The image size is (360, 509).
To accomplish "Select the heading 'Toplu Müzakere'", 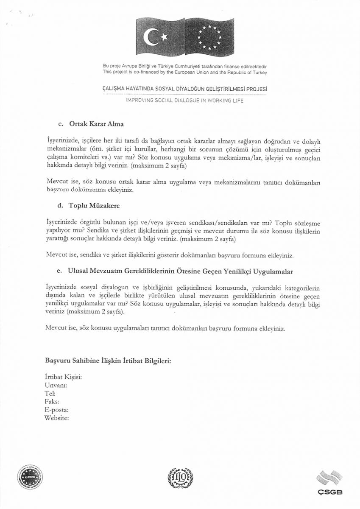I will (94, 206).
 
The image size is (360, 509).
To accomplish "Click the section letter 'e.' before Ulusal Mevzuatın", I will (60, 271).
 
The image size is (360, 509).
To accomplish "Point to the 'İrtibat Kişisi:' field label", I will (63, 377).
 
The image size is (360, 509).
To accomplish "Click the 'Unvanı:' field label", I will (56, 385).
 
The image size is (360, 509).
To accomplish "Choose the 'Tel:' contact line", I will (50, 393).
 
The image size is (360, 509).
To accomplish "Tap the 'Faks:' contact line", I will (52, 401).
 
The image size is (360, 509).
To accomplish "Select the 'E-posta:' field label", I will (56, 410).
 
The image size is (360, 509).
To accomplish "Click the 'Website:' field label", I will (56, 418).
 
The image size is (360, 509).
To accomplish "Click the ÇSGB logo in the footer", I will (329, 483).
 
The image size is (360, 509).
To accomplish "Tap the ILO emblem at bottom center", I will (180, 478).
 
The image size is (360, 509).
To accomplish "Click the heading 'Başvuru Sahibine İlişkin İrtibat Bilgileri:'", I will (108, 361).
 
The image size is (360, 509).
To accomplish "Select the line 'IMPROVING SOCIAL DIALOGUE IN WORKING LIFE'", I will (184, 101).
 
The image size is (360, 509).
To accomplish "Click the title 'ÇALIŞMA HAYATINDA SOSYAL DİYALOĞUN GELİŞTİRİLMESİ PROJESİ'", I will (185, 89).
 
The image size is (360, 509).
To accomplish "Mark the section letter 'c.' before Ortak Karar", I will (60, 124).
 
